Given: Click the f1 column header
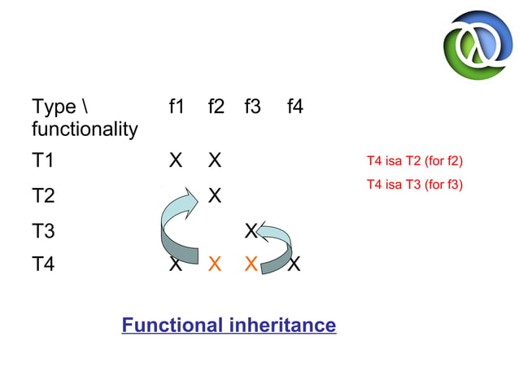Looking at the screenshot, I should (x=175, y=107).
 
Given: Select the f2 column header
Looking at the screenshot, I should (x=216, y=107).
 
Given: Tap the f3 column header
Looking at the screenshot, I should (x=252, y=107).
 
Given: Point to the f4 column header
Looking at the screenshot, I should (x=294, y=107).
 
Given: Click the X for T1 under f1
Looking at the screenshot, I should (x=175, y=160).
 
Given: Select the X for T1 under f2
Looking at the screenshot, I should (x=215, y=160).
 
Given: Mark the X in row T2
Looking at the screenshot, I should (x=215, y=196).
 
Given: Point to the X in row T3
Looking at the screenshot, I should (x=251, y=231).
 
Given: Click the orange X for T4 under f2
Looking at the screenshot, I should (x=215, y=264).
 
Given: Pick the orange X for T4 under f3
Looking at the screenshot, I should (x=251, y=264).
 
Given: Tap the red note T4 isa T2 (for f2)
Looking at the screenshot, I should (x=414, y=160).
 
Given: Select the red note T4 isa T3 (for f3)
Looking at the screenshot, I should (x=414, y=185).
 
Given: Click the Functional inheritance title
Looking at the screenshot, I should (x=229, y=326).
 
